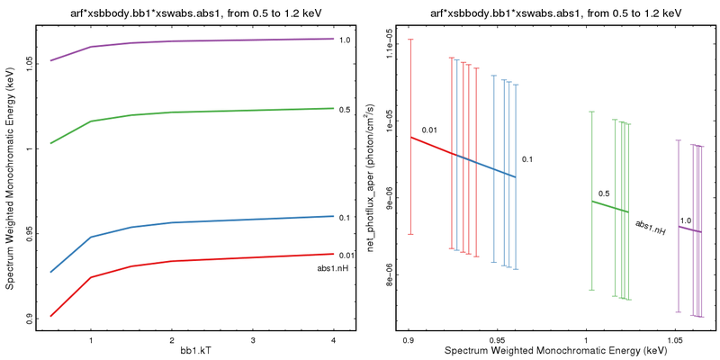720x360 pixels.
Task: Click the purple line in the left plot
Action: (x=212, y=40)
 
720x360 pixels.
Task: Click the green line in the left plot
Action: (x=212, y=111)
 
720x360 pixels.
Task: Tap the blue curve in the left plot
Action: (x=212, y=220)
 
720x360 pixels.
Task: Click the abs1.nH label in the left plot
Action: (x=332, y=268)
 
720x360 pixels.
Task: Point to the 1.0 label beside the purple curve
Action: (x=345, y=40)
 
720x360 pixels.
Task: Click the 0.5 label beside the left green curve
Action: (x=345, y=110)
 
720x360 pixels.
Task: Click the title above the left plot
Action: (x=193, y=12)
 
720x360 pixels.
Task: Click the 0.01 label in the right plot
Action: (x=429, y=130)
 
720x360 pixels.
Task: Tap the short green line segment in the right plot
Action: (x=608, y=206)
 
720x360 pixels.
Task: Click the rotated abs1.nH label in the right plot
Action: (x=650, y=227)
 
